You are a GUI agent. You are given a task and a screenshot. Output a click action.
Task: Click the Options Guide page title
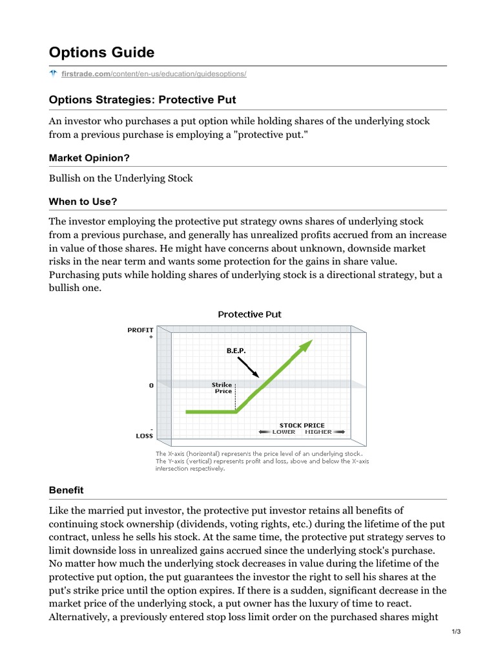tap(101, 52)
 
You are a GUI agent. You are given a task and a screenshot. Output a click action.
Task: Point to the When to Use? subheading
tap(83, 201)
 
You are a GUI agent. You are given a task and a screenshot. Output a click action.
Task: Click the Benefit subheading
tap(66, 490)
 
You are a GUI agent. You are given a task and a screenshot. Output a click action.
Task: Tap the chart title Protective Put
tap(249, 315)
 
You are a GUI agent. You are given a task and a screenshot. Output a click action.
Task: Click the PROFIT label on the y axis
tap(140, 330)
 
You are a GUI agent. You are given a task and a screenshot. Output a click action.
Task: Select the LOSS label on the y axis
tap(144, 436)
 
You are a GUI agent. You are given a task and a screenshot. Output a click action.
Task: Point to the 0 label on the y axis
tap(151, 385)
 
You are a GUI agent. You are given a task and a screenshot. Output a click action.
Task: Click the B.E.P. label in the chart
tap(236, 350)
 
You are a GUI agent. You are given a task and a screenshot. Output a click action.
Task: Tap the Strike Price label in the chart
tap(223, 388)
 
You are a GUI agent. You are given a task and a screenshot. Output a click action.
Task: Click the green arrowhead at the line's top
tap(306, 345)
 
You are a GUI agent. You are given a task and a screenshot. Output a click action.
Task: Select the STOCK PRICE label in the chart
tap(302, 425)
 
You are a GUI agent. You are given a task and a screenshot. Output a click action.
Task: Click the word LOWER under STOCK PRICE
tap(284, 432)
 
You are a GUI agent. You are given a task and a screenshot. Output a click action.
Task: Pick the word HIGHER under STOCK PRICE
tap(318, 432)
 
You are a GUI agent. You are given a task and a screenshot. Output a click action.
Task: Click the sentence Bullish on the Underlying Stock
tap(121, 178)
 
